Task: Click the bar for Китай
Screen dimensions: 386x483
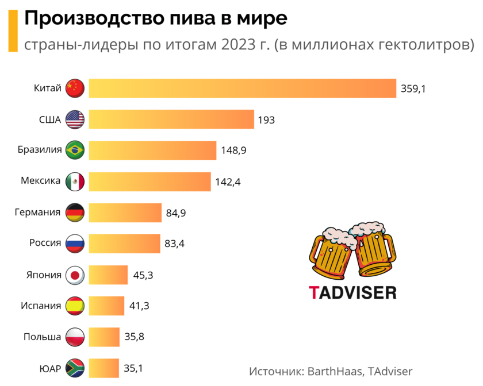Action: click(241, 88)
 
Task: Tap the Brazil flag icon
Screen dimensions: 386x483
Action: click(75, 150)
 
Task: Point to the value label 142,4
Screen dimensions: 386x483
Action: click(228, 182)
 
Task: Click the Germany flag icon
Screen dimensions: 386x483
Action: click(75, 213)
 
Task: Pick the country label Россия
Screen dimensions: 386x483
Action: click(45, 243)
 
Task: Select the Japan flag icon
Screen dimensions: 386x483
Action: click(75, 275)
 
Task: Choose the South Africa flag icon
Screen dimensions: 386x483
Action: click(75, 368)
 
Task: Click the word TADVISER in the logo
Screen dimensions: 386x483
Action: click(352, 292)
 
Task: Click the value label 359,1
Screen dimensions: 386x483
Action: click(413, 89)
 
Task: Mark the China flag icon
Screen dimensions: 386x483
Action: click(75, 88)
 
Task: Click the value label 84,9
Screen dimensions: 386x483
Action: click(176, 213)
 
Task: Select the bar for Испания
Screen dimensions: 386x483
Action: click(106, 306)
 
